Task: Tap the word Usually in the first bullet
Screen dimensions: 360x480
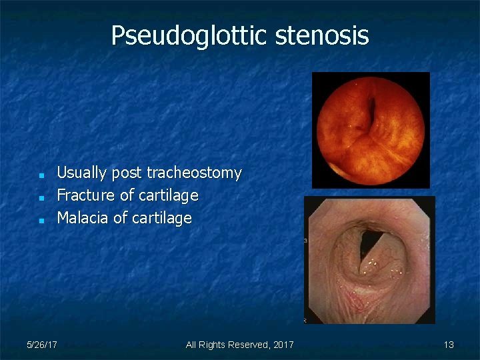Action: (82, 173)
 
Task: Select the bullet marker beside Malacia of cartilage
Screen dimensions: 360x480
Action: (41, 219)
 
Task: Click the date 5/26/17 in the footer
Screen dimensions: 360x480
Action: (41, 345)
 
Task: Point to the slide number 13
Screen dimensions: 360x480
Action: (449, 345)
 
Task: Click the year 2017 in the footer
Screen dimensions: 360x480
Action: (283, 345)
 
